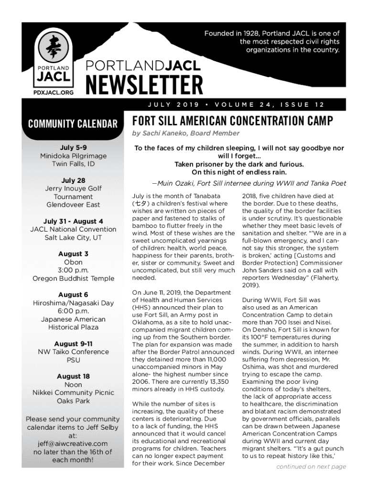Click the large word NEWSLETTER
click(144, 85)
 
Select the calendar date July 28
click(73, 180)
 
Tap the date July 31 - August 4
click(73, 222)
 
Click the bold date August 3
click(73, 254)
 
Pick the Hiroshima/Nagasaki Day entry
click(73, 303)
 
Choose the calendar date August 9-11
click(73, 344)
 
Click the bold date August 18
click(73, 377)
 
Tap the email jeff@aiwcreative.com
click(73, 444)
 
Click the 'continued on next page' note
click(311, 467)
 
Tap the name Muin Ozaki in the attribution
click(174, 183)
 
